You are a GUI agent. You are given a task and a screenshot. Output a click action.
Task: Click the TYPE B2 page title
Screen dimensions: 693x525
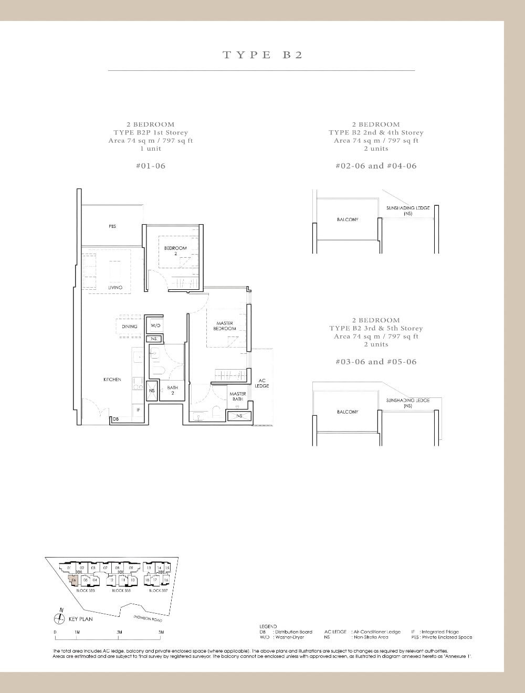[262, 55]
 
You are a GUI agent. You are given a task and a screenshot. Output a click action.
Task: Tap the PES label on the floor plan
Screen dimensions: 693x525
[112, 226]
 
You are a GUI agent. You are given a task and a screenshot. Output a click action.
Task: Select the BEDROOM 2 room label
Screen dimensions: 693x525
[175, 250]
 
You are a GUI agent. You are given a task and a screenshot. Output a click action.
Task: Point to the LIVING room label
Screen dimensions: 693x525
[115, 287]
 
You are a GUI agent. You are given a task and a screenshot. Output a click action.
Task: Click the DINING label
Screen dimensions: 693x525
[129, 327]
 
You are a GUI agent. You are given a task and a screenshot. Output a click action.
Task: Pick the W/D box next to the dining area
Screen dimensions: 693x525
[155, 326]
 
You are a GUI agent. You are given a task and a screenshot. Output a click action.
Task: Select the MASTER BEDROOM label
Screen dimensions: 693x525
[225, 326]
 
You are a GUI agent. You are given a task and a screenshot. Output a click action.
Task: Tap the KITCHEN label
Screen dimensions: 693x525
[112, 379]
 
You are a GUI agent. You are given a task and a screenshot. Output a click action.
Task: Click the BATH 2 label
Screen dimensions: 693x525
[172, 390]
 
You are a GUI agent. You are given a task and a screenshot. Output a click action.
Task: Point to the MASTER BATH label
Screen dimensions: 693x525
[237, 396]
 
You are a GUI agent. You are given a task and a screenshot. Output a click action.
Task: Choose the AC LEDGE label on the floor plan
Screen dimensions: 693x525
[261, 383]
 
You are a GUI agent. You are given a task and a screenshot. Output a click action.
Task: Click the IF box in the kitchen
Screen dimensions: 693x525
[138, 409]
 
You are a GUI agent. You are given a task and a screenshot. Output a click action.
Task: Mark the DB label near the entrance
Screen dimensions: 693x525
[115, 419]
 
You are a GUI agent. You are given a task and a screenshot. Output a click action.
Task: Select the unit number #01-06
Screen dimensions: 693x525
[150, 166]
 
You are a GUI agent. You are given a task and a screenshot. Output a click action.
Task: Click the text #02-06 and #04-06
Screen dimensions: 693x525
[375, 166]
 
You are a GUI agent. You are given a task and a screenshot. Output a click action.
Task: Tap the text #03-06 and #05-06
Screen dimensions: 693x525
[375, 362]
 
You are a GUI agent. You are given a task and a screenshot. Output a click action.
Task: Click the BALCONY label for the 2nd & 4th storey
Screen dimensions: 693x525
[347, 219]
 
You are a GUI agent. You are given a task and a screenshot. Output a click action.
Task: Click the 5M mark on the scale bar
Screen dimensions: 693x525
[161, 632]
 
